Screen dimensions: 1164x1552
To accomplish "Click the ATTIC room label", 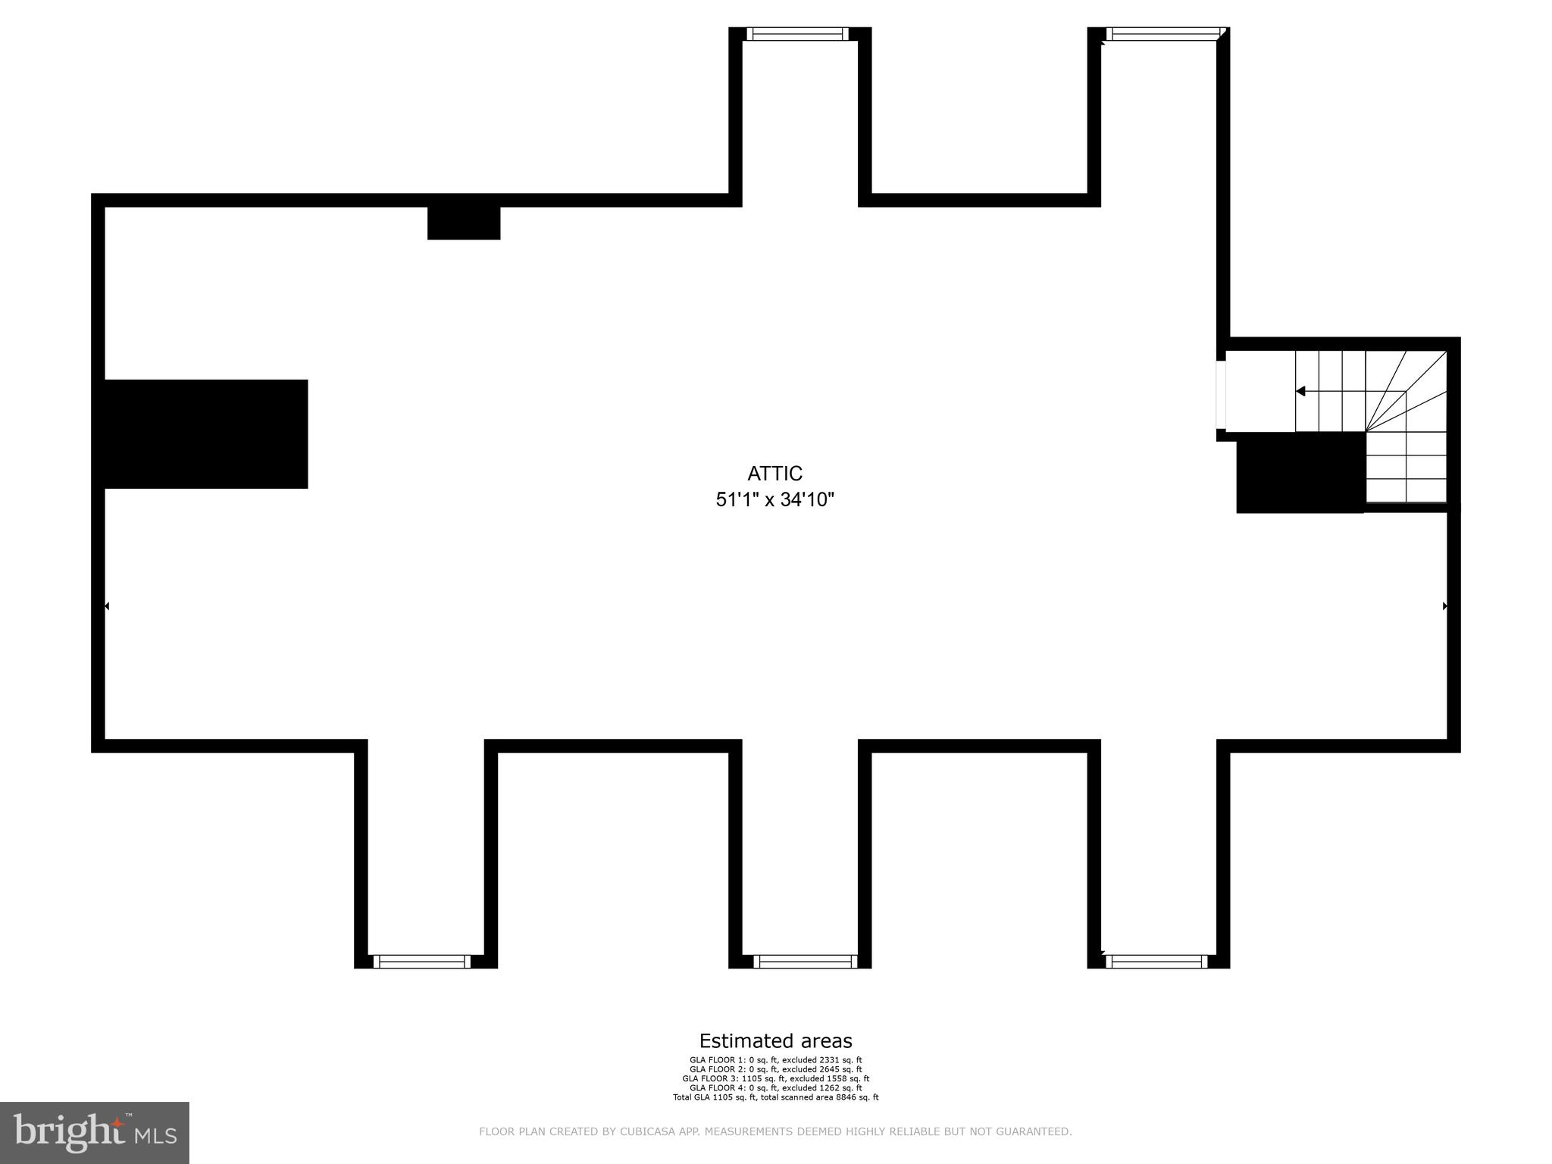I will point(774,474).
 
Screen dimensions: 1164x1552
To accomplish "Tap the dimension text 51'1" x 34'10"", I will point(774,500).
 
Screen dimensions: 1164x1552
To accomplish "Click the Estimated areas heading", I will point(775,1040).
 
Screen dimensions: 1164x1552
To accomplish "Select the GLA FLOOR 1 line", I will point(775,1060).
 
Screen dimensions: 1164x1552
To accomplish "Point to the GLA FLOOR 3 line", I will point(775,1078).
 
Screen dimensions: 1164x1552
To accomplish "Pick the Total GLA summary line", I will point(775,1097).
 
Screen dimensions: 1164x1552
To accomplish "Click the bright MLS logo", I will point(95,1132).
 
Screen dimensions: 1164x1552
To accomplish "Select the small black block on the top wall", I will point(464,223).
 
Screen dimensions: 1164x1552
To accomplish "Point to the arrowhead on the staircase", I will point(1300,391).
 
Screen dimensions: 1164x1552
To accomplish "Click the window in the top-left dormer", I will point(796,33).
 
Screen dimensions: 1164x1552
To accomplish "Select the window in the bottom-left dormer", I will point(422,962).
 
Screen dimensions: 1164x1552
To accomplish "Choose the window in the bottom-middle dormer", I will point(805,962).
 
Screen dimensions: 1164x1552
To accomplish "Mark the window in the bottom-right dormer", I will point(1156,962).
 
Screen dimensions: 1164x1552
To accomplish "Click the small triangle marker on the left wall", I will point(107,606).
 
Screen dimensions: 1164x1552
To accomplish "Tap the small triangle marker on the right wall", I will point(1445,606).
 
